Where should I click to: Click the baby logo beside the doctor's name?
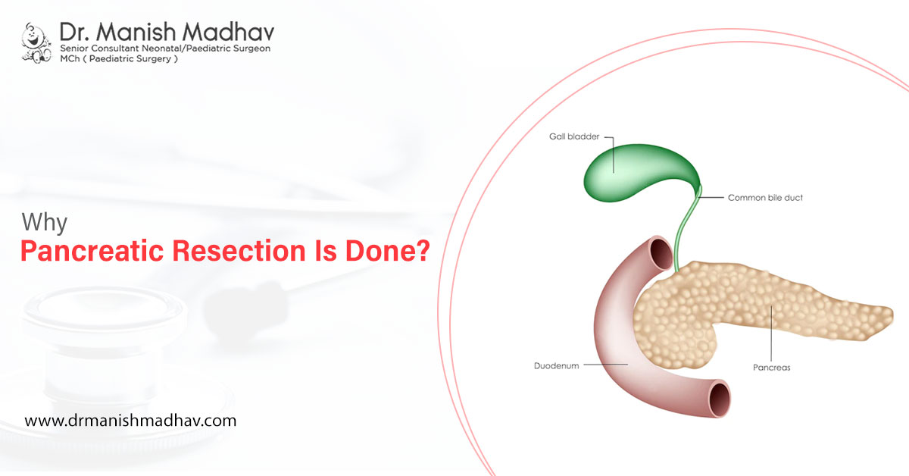click(36, 42)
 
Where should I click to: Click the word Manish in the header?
click(136, 32)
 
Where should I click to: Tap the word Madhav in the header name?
click(228, 32)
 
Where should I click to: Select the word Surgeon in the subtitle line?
click(250, 49)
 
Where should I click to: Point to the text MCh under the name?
click(70, 58)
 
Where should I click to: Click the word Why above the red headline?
click(44, 223)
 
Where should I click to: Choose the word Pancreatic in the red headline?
click(92, 251)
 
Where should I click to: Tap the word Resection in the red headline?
click(239, 251)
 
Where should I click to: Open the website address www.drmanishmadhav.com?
click(130, 421)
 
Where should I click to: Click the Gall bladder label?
click(574, 136)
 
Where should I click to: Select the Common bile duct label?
click(765, 198)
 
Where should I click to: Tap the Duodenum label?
click(556, 366)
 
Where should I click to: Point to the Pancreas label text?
click(771, 368)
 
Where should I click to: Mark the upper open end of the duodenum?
click(661, 253)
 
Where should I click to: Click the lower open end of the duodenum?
click(720, 399)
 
